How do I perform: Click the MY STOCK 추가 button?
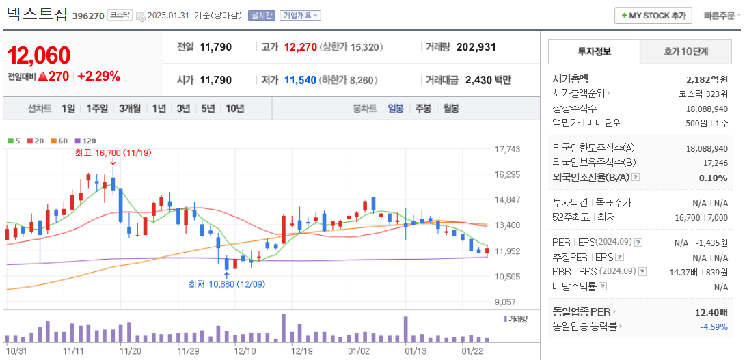pos(653,15)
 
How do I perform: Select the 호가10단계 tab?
pos(685,51)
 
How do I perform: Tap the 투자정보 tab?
pos(594,51)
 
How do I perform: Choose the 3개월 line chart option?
pos(129,108)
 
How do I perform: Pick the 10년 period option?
pos(234,108)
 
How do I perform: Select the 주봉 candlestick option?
pos(423,108)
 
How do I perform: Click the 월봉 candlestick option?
pos(450,108)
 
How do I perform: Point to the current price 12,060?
pos(39,55)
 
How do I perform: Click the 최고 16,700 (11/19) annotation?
pos(113,153)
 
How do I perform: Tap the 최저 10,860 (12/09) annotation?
pos(226,284)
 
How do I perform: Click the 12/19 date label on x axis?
pos(301,350)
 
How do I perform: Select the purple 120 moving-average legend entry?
pos(85,141)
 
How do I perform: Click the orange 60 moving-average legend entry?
pos(59,141)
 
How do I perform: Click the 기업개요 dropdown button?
pos(300,16)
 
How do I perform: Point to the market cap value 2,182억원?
pos(707,79)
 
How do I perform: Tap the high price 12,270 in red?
pos(301,47)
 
